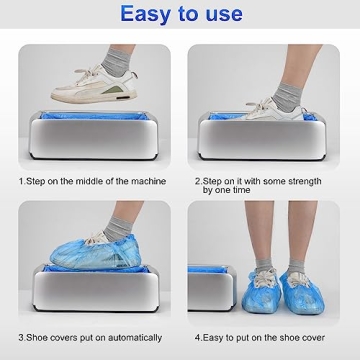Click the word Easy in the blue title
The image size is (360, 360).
tap(128, 14)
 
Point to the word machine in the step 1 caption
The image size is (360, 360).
tap(151, 181)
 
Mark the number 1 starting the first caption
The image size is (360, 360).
tap(21, 181)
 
